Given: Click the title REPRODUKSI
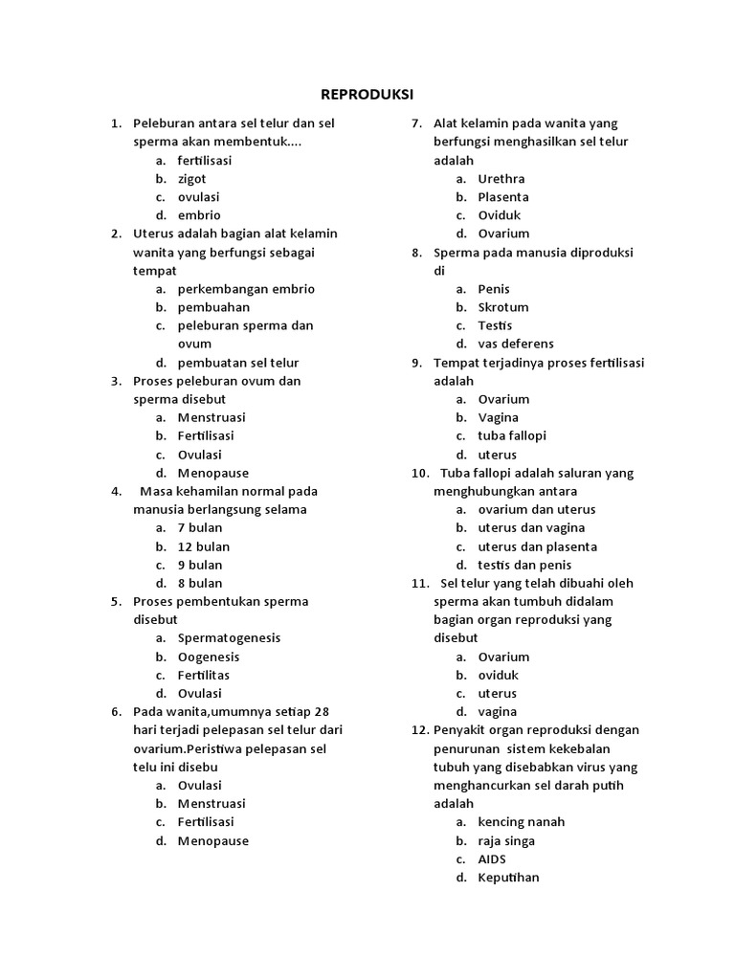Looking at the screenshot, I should click(x=367, y=94).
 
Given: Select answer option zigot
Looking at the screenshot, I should click(x=191, y=179).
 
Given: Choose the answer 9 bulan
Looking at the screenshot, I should click(x=199, y=565).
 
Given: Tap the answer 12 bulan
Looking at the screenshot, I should click(x=203, y=546).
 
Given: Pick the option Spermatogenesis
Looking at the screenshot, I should click(x=229, y=638).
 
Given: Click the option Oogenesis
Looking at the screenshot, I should click(x=209, y=657).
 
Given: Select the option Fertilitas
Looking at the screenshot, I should click(x=204, y=675).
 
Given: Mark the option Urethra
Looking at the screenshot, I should click(x=501, y=179).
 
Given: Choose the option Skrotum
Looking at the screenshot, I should click(x=503, y=307).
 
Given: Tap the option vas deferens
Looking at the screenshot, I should click(x=516, y=344).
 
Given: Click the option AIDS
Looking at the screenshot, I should click(x=492, y=859).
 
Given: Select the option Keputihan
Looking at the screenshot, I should click(x=508, y=878).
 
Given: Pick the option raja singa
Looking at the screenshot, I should click(x=506, y=841).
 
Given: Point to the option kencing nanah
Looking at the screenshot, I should click(x=522, y=822).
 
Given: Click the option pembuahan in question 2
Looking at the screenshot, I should click(x=213, y=307).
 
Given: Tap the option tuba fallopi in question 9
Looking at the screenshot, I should click(x=512, y=435).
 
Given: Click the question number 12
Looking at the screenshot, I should click(x=419, y=730).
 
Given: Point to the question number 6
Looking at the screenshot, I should click(x=116, y=712).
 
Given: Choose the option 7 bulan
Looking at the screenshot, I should click(x=199, y=528).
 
